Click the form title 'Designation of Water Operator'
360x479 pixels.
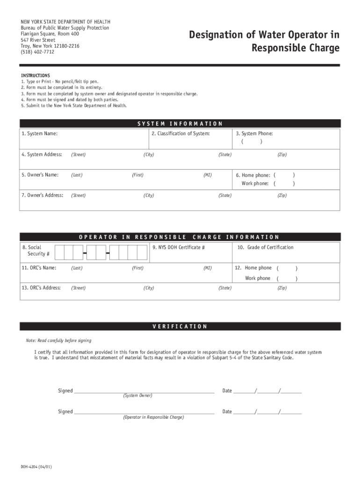(264, 35)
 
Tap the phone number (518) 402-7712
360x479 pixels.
(37, 52)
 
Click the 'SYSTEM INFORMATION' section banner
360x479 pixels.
(180, 123)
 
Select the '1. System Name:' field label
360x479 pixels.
(40, 134)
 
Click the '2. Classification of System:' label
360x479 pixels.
(180, 134)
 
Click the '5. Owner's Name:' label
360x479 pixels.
(40, 175)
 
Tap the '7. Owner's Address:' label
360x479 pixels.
(42, 195)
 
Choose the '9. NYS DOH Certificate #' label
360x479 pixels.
(179, 247)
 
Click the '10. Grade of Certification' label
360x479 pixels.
(265, 247)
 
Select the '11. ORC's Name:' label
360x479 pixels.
(39, 268)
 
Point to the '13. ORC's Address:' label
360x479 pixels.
(41, 288)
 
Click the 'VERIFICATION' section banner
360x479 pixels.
(180, 327)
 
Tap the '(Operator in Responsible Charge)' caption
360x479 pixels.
(153, 417)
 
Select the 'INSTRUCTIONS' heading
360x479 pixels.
(36, 76)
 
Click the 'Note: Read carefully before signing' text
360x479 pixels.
(58, 341)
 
